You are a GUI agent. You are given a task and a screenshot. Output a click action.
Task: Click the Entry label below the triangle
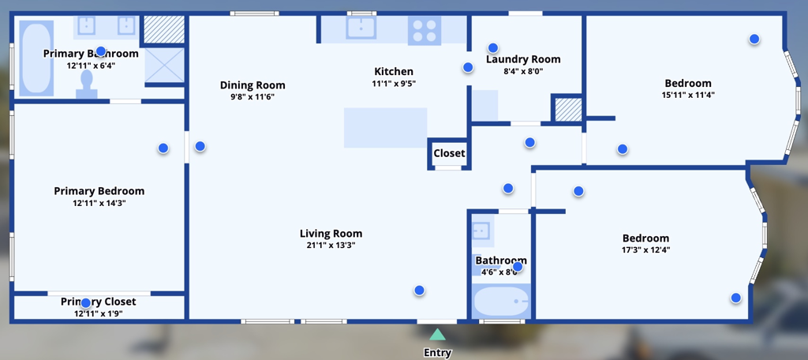[437, 353]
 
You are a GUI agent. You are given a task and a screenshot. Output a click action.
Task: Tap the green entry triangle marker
[437, 336]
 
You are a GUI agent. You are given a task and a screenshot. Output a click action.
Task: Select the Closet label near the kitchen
[449, 153]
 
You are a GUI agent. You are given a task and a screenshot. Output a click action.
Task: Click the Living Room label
[331, 233]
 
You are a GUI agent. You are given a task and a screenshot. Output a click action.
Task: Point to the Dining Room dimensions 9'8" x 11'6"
[252, 97]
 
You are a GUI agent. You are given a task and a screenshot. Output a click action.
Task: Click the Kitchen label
[394, 71]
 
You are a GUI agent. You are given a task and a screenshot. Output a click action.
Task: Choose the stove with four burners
[424, 31]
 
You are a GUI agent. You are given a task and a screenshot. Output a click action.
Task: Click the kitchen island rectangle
[385, 128]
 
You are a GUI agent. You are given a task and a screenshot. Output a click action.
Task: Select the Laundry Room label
[523, 59]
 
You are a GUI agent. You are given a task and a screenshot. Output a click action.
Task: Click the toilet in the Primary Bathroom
[87, 84]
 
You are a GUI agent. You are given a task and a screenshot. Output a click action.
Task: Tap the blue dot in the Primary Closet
[86, 302]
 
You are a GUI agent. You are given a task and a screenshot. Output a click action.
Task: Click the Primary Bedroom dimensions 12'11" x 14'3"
[99, 203]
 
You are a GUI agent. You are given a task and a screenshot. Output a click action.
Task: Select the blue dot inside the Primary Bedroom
[163, 148]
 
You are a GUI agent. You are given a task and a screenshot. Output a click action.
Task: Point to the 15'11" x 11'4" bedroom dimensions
[687, 96]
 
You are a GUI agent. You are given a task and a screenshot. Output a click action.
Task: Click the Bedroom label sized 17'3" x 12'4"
[645, 238]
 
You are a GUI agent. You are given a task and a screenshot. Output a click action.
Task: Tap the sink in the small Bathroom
[481, 231]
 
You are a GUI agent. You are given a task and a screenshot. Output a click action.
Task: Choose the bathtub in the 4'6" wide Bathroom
[500, 301]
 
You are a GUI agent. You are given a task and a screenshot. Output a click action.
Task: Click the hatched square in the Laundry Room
[567, 109]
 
